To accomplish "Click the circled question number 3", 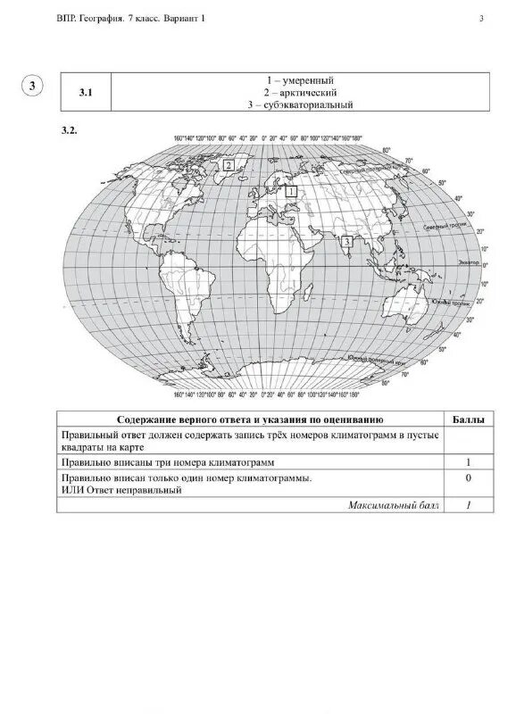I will (x=32, y=86).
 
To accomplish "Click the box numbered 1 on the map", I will (x=291, y=190).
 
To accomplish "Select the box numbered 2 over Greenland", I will (x=229, y=165).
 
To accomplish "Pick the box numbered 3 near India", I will (x=346, y=239).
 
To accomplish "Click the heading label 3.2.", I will (x=70, y=130).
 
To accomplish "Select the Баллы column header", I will (x=470, y=418).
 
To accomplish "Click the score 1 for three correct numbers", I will (x=470, y=462).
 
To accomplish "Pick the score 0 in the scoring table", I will (x=470, y=478).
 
